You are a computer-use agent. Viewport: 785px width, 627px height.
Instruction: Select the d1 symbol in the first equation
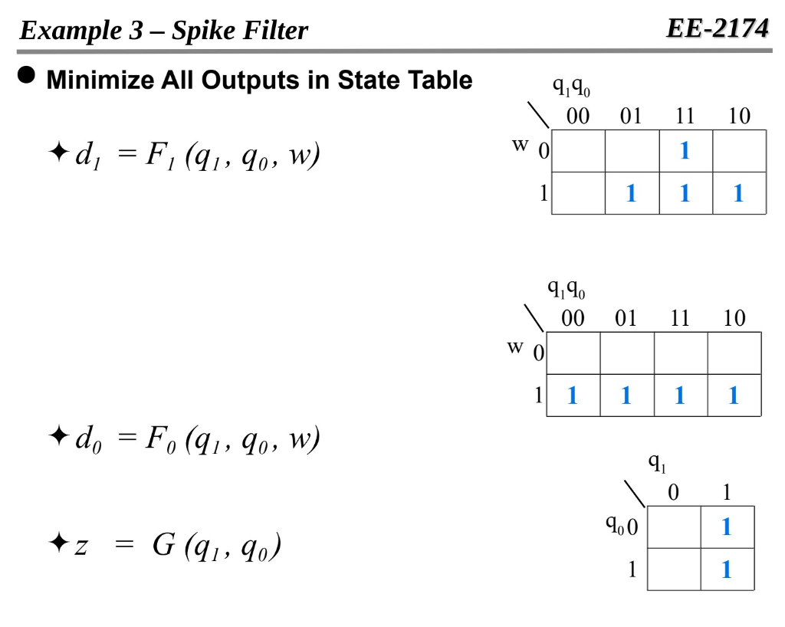[82, 156]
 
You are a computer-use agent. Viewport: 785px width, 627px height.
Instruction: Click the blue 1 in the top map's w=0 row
[685, 151]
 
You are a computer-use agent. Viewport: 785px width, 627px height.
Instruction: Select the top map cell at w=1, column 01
[631, 193]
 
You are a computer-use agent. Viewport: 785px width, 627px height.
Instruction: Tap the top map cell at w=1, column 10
[738, 193]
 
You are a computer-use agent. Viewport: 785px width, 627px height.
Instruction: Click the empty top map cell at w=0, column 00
[578, 151]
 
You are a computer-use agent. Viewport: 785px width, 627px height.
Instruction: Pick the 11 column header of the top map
[685, 117]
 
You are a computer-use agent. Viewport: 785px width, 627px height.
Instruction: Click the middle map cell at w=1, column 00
[573, 396]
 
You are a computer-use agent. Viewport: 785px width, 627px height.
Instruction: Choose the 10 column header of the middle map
[734, 318]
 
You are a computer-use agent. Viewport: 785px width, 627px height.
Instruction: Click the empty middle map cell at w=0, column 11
[680, 353]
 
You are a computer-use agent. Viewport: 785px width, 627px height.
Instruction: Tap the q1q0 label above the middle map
[566, 290]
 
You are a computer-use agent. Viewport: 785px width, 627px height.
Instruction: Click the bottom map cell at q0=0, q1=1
[727, 527]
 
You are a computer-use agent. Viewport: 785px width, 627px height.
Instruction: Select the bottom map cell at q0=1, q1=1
[727, 570]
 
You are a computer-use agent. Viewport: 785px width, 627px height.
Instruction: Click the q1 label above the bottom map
[658, 462]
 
